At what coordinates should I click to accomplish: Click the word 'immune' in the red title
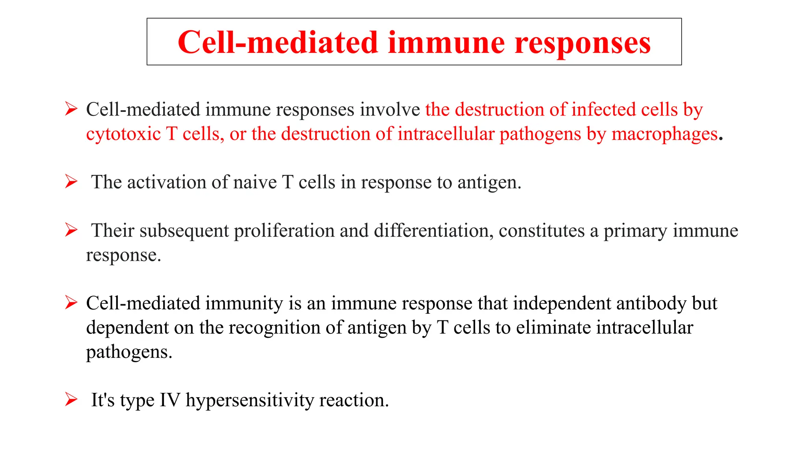pyautogui.click(x=446, y=43)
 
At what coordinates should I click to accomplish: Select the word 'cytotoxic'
pyautogui.click(x=123, y=134)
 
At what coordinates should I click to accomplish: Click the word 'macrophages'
pyautogui.click(x=664, y=134)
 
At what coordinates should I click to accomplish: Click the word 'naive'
pyautogui.click(x=255, y=182)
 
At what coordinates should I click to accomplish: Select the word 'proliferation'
pyautogui.click(x=284, y=231)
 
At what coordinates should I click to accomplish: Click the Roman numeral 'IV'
pyautogui.click(x=170, y=400)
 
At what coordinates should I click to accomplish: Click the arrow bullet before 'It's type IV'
pyautogui.click(x=71, y=400)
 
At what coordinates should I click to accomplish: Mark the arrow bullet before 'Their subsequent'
pyautogui.click(x=71, y=230)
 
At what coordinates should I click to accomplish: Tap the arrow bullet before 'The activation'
pyautogui.click(x=71, y=182)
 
